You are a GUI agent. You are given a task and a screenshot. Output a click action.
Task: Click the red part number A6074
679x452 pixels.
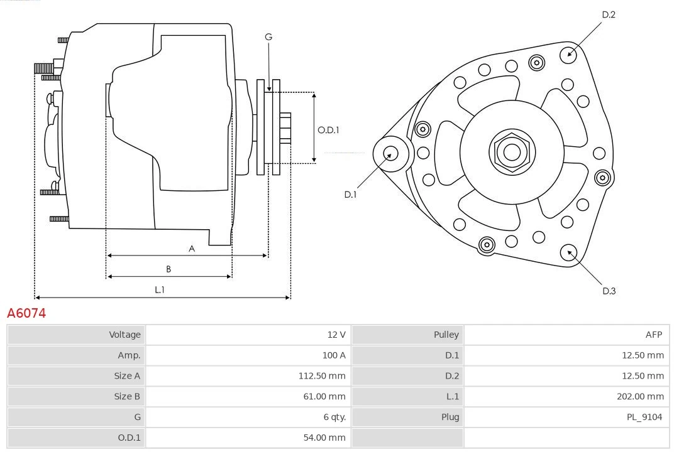26,313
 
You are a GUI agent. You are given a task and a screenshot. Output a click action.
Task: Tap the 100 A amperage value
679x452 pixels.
334,355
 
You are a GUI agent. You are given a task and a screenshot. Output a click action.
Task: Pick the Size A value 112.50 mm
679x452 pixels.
321,376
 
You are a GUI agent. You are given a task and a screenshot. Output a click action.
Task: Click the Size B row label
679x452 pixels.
127,396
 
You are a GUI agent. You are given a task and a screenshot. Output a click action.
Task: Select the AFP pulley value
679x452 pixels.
653,335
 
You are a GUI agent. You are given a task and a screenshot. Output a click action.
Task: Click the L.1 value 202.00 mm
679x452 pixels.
640,396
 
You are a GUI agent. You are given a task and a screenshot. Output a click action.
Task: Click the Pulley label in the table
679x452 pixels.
446,335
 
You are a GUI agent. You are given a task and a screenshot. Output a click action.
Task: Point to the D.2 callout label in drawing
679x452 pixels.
609,14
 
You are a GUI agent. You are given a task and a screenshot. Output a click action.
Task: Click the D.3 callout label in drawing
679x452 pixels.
609,291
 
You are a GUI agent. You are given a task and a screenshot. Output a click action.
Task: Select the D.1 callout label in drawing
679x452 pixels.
350,195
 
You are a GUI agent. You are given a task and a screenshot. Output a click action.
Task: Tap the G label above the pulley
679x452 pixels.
268,37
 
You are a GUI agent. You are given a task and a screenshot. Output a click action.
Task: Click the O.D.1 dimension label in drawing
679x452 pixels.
328,130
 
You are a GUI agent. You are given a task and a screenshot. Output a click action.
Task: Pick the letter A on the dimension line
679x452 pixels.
192,249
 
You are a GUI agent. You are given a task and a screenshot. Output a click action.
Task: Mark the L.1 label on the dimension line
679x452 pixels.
160,289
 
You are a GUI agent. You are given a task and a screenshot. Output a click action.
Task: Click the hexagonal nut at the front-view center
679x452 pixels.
512,152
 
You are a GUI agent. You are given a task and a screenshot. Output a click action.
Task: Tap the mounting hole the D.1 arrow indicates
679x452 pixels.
390,153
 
